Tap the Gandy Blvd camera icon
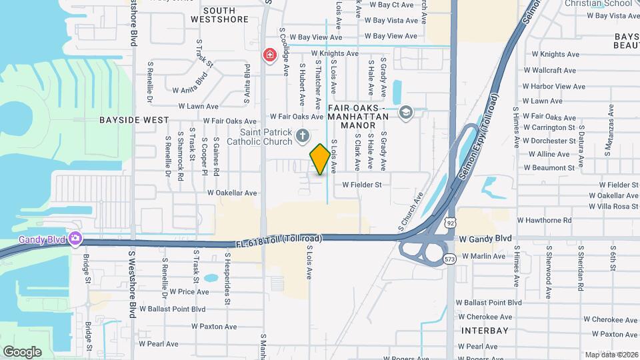click(75, 238)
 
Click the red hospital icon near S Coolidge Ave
click(269, 54)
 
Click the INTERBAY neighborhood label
click(485, 331)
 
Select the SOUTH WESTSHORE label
click(219, 15)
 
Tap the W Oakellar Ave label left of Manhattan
click(232, 193)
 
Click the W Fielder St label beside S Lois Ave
click(362, 185)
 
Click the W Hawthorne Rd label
click(549, 221)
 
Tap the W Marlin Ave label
click(483, 256)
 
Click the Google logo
click(22, 352)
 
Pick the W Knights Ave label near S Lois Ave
click(334, 53)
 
